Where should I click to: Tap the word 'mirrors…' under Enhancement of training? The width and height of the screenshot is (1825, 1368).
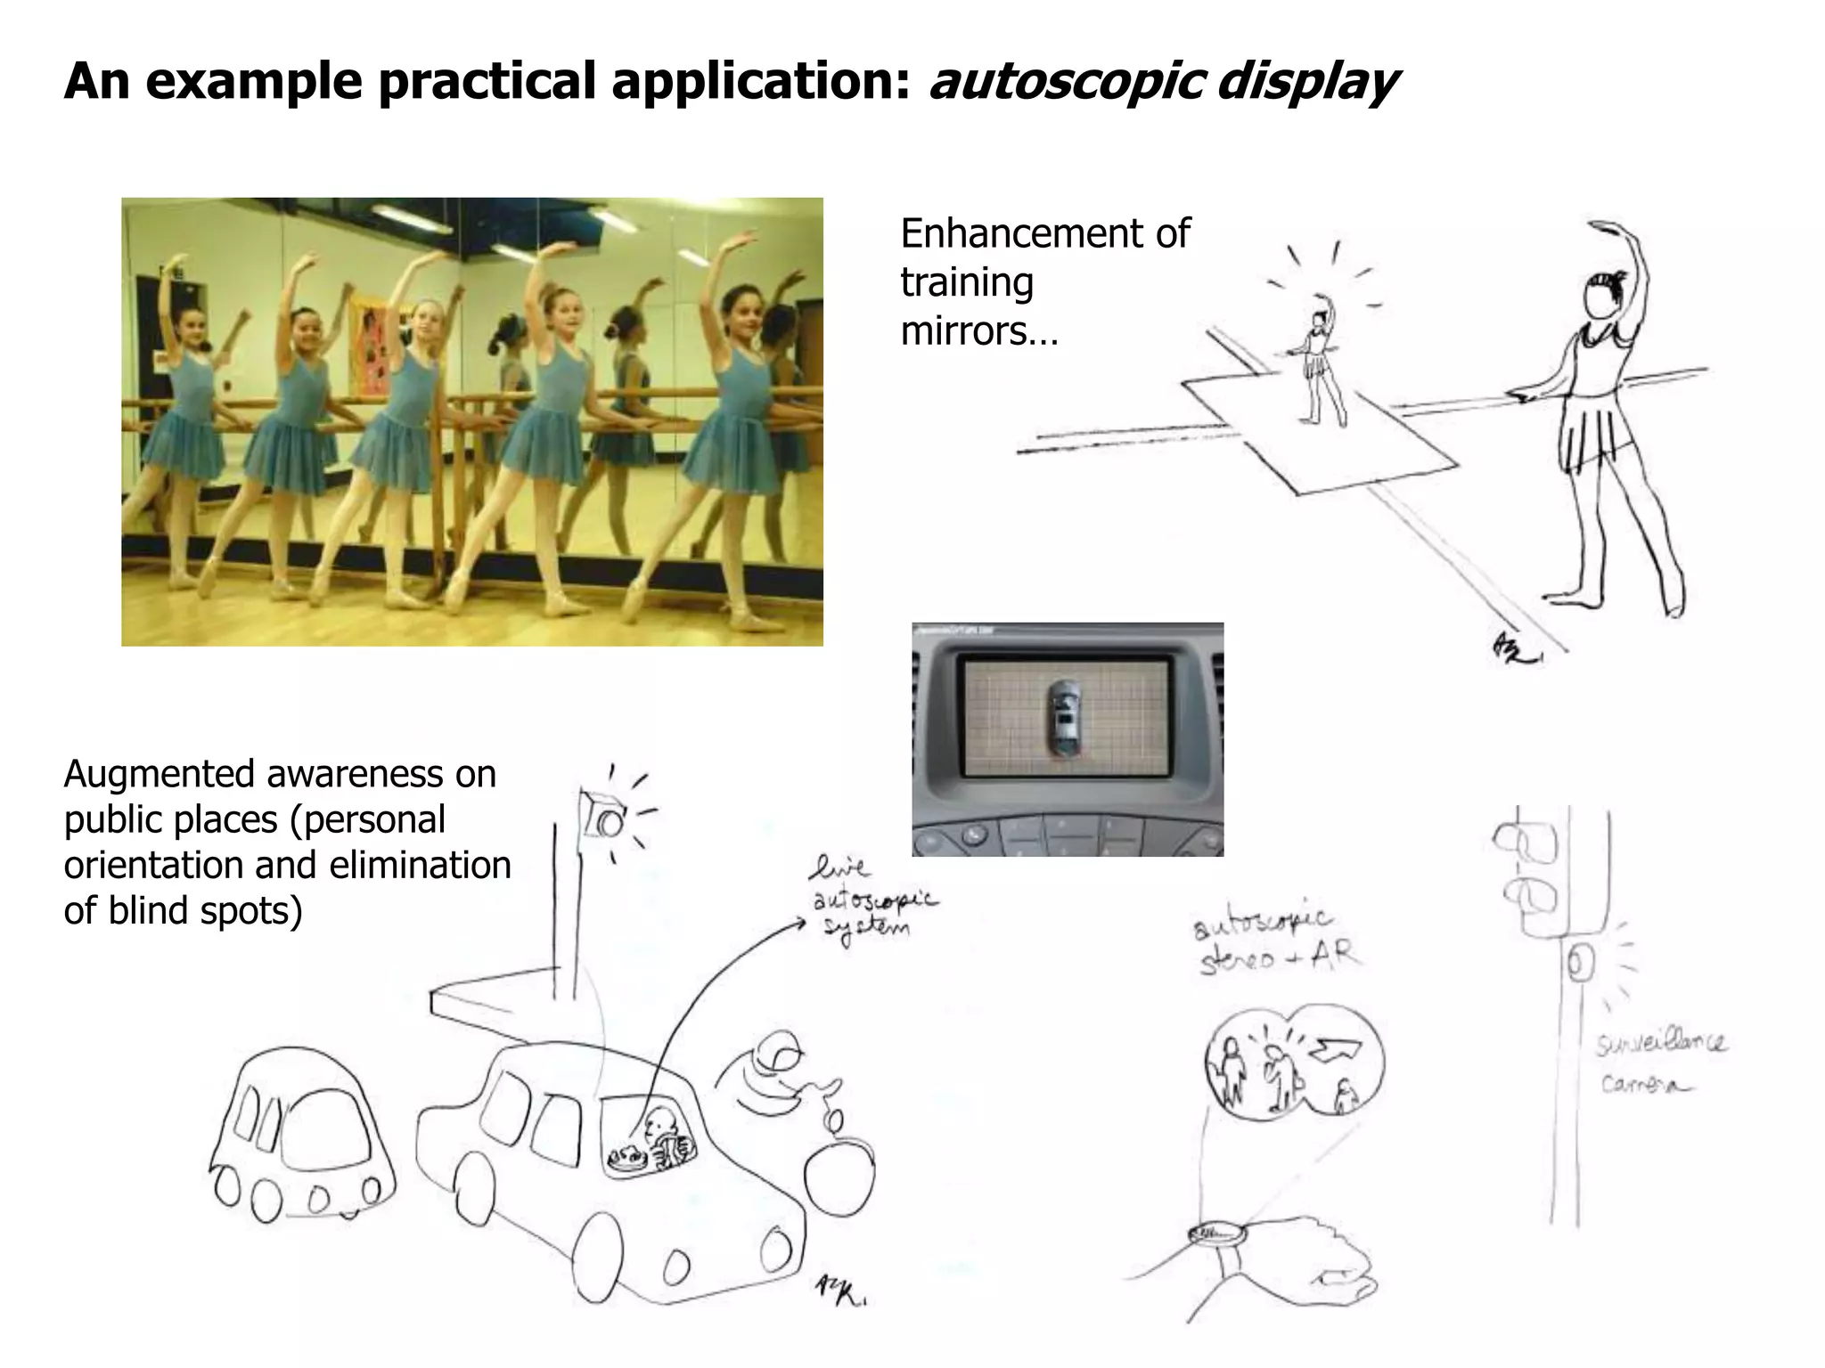click(978, 331)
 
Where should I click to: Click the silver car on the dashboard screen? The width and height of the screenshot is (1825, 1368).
click(1063, 719)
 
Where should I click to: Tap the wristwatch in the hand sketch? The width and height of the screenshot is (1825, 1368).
click(1215, 1234)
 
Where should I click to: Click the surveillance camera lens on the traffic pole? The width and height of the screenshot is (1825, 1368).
click(1578, 964)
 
